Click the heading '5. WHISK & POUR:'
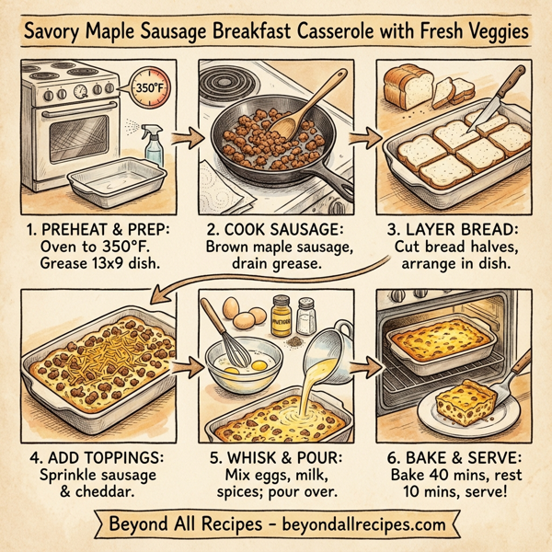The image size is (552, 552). click(x=275, y=456)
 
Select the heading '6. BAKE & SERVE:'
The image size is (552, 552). click(x=454, y=456)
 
